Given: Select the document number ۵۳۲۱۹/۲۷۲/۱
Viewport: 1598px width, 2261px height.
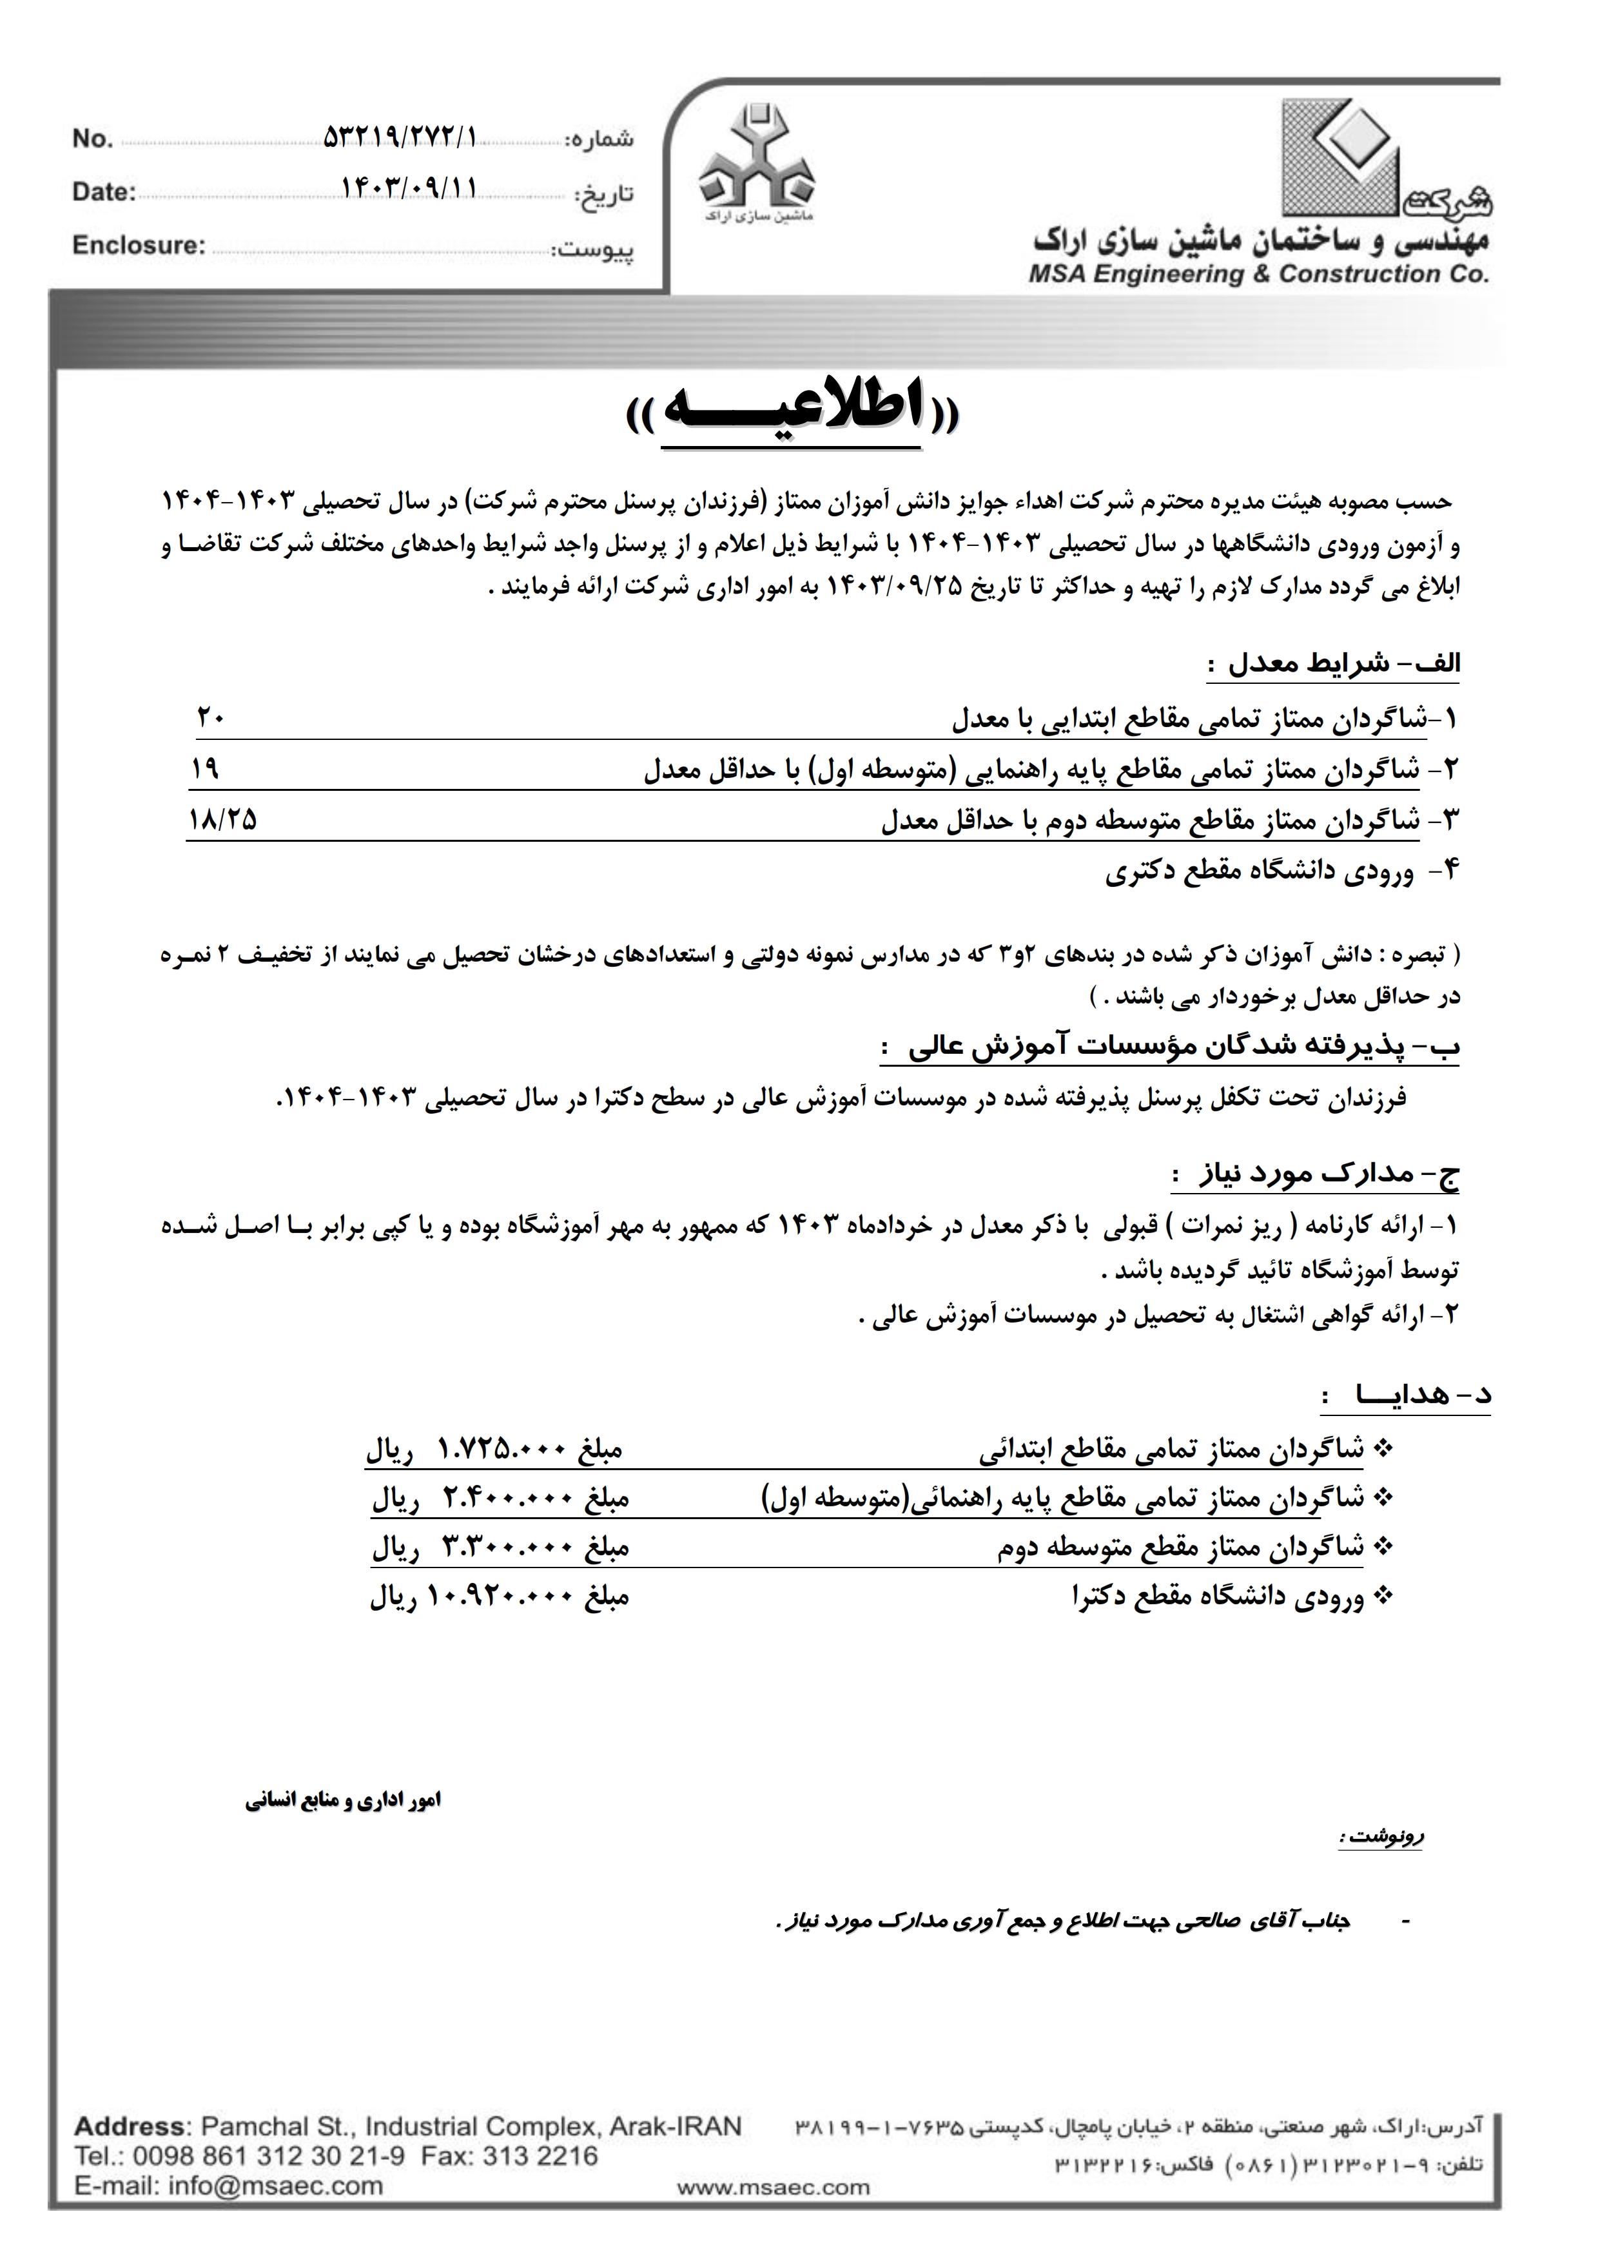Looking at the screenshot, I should coord(399,138).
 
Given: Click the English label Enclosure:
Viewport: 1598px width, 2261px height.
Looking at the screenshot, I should coord(139,245).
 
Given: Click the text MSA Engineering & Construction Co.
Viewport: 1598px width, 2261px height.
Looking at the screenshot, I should coord(1258,275).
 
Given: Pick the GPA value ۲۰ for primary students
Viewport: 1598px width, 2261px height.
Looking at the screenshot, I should coord(211,718).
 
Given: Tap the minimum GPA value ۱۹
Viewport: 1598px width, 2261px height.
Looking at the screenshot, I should coord(205,768).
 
